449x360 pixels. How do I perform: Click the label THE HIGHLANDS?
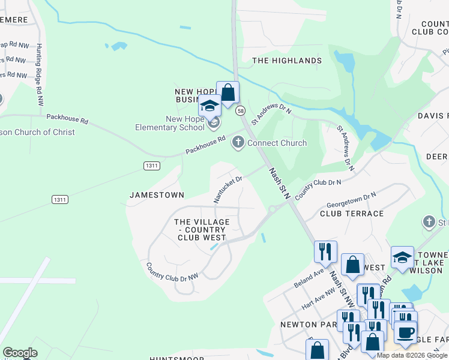tap(286, 61)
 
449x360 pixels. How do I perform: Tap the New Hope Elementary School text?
tap(169, 123)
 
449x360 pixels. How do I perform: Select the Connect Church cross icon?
tap(238, 143)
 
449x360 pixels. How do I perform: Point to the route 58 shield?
tap(241, 110)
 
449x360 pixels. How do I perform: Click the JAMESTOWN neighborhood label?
tap(157, 195)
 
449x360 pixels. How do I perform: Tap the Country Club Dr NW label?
tap(172, 272)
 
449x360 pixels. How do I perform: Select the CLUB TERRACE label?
tap(352, 214)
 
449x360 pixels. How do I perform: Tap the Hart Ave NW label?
tap(319, 297)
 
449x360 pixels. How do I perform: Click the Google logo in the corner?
tap(20, 353)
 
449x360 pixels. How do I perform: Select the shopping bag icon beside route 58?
tap(228, 93)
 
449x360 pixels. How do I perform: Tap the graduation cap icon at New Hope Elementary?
tap(209, 106)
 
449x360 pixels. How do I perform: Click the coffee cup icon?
tap(405, 332)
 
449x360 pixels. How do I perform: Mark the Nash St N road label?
tap(280, 184)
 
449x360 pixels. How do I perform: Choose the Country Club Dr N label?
tap(318, 185)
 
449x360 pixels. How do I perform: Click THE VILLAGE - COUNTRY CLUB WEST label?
tap(202, 230)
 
